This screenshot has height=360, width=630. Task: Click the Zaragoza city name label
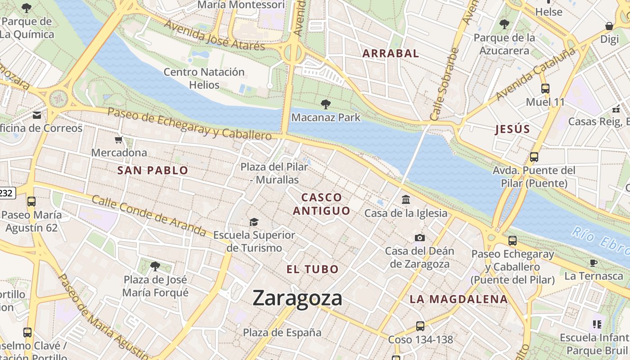[x=297, y=298]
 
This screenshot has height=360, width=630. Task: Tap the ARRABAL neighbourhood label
[x=391, y=53]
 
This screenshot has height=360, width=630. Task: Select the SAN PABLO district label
[x=153, y=170]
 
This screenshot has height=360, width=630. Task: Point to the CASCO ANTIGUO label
[x=321, y=204]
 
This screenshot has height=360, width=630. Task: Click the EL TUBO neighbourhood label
[x=313, y=269]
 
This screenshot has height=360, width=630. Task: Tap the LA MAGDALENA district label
[x=459, y=299]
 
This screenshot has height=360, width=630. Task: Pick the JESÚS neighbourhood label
[x=513, y=130]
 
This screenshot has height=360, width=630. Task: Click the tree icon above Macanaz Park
[x=326, y=104]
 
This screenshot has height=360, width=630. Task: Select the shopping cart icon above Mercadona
[x=119, y=140]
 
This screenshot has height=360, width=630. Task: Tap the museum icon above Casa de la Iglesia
[x=406, y=199]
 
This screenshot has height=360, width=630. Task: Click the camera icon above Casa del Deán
[x=419, y=238]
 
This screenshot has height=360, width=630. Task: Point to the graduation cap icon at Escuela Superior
[x=254, y=222]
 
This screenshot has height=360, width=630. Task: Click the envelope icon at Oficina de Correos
[x=37, y=115]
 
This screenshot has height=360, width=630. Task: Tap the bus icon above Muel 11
[x=545, y=89]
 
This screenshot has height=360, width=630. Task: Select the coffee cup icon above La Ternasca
[x=594, y=263]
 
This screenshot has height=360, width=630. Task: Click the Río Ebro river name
[x=600, y=239]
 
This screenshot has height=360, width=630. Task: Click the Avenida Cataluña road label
[x=535, y=74]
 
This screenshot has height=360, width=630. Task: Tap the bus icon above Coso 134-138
[x=420, y=326]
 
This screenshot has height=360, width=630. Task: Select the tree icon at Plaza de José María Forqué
[x=155, y=266]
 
